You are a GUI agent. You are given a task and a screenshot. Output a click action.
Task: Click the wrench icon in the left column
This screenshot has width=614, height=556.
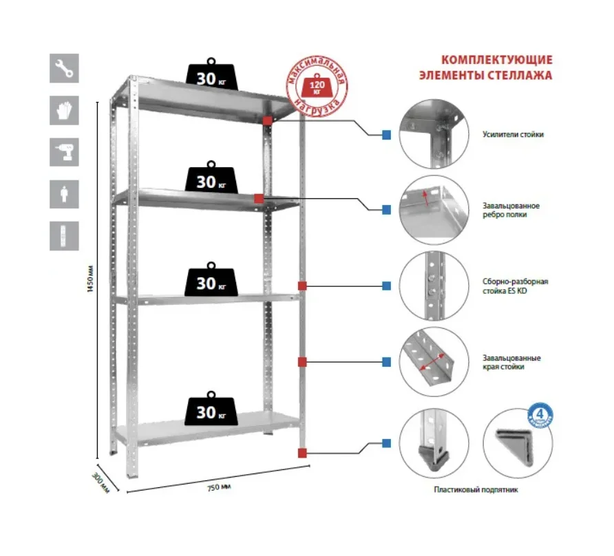click(x=64, y=68)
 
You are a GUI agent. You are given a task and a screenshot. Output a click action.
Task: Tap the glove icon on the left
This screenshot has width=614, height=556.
click(x=64, y=110)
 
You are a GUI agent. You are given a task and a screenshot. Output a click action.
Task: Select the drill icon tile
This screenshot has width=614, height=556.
click(x=64, y=152)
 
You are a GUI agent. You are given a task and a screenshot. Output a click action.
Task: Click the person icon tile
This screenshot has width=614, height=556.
click(x=64, y=194)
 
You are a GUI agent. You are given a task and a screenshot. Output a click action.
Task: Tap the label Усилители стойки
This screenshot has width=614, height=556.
click(x=513, y=135)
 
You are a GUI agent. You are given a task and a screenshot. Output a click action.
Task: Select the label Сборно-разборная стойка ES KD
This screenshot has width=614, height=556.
click(x=516, y=286)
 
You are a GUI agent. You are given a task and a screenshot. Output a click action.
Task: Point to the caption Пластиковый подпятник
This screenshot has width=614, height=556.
click(x=476, y=490)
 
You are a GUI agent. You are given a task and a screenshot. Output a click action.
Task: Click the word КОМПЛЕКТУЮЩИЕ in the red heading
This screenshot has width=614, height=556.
click(x=496, y=60)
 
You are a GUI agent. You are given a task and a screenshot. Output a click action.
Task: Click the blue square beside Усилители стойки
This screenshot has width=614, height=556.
click(x=386, y=135)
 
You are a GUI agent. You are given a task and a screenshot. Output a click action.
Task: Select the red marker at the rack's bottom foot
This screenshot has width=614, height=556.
click(x=302, y=452)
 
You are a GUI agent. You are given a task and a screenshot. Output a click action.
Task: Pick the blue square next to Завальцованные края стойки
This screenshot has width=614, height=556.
click(x=386, y=362)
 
